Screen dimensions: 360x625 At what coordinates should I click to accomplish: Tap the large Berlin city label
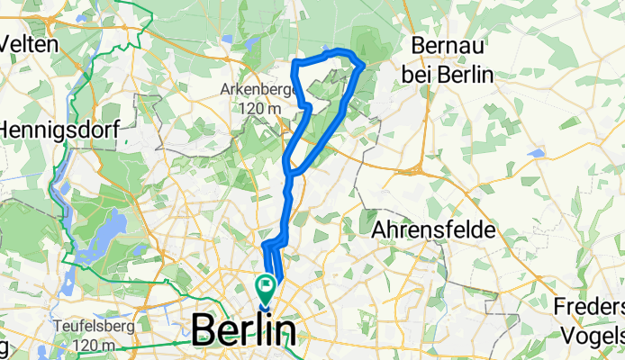coord(242,331)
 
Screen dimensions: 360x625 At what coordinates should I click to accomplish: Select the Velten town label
coord(30,43)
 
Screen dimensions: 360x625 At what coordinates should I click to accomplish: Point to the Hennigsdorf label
coord(54,130)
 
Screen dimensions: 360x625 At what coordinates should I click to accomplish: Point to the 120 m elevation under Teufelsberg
coord(83,345)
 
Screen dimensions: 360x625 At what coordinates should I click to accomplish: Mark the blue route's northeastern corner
coord(361,64)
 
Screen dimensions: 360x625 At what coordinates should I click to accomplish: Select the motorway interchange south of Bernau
coord(417,168)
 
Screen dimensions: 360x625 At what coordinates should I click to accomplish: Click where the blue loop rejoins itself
coord(288,171)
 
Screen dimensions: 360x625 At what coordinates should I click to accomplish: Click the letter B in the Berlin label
coord(206,331)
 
